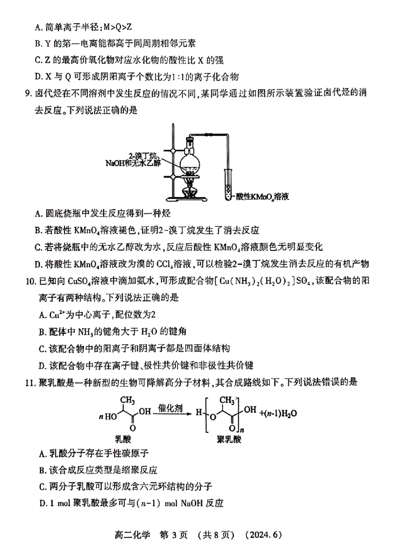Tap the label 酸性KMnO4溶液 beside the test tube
(x=261, y=197)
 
